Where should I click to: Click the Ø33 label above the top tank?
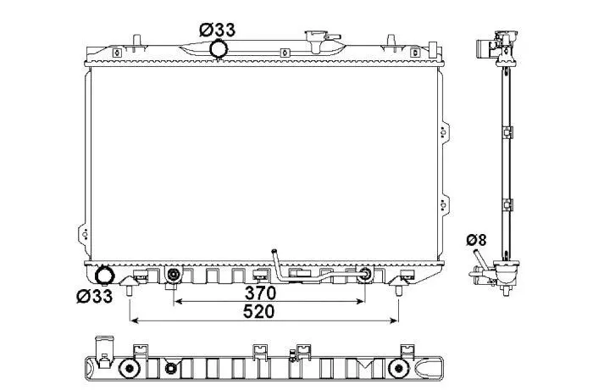coord(217,30)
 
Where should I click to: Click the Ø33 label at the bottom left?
coord(95,296)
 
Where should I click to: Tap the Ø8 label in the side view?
coord(476,240)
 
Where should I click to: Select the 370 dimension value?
coord(260,292)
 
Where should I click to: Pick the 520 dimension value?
coord(258,312)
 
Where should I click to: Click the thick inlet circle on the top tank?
coord(219,48)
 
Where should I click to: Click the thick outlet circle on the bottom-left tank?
coord(104,276)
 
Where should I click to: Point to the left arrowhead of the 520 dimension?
coord(134,320)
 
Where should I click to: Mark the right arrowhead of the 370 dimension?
coord(360,301)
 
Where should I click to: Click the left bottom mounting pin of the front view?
coord(130,291)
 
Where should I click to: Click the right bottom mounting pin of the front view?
coord(399,291)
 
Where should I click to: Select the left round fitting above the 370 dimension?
coord(174,275)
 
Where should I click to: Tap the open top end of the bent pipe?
coord(274,251)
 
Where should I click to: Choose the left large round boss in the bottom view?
coord(129,368)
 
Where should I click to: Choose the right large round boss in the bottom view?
coord(398,368)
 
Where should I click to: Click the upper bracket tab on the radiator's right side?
coord(445,132)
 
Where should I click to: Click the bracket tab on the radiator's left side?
coord(84,234)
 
